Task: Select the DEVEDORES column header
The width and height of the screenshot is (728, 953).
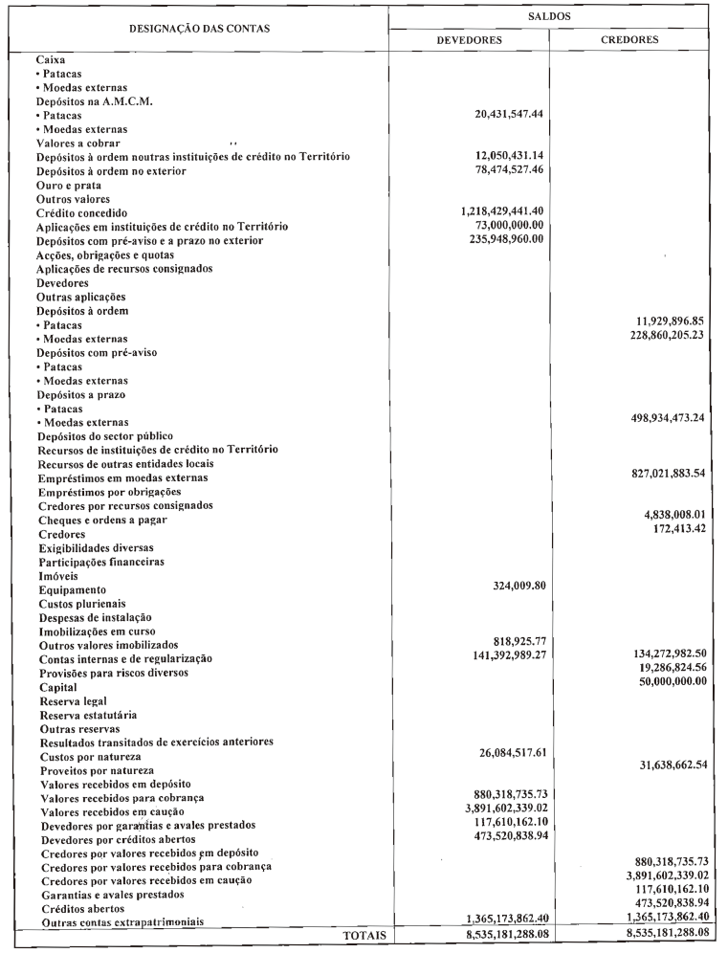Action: (x=471, y=40)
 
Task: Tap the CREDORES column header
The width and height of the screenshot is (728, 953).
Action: (x=634, y=40)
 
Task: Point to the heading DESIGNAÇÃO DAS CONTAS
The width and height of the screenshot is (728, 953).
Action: (x=199, y=29)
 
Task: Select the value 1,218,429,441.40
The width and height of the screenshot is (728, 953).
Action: (x=489, y=211)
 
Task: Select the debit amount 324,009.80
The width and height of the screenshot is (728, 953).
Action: (x=508, y=586)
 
